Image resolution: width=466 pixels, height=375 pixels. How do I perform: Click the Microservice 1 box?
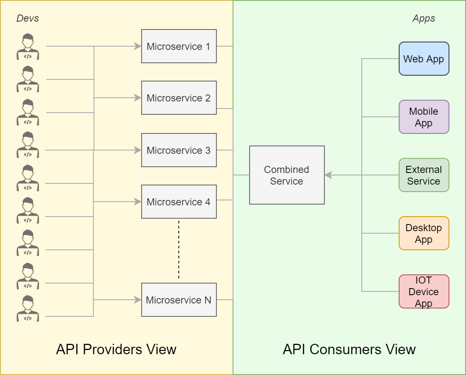click(x=179, y=46)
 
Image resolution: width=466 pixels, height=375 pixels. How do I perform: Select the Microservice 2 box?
click(x=179, y=98)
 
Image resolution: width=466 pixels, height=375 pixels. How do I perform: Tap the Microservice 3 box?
click(x=179, y=150)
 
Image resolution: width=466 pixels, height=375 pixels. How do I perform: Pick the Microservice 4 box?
click(x=179, y=202)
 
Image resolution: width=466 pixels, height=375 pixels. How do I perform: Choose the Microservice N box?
click(x=179, y=300)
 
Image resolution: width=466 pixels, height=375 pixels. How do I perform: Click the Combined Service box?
click(x=287, y=175)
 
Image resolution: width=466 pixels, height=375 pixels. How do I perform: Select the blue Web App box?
click(x=424, y=59)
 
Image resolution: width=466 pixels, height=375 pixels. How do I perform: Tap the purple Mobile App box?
click(x=424, y=117)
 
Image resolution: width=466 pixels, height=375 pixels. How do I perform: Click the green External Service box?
click(x=424, y=175)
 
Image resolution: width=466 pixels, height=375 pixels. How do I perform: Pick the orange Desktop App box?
click(x=424, y=233)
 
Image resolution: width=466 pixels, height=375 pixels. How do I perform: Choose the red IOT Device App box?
click(x=424, y=291)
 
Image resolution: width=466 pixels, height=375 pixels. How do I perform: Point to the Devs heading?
click(x=27, y=18)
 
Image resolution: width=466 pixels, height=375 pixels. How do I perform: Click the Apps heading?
click(x=424, y=18)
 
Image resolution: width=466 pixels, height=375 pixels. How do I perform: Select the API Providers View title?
click(x=116, y=349)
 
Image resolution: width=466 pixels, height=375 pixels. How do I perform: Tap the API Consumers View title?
click(x=349, y=349)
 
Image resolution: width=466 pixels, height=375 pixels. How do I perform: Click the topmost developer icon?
click(x=28, y=47)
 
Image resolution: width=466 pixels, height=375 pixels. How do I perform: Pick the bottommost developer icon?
click(x=28, y=308)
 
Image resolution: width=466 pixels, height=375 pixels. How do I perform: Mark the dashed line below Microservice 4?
click(x=179, y=249)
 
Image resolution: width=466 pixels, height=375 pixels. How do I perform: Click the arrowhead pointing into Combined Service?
click(x=329, y=175)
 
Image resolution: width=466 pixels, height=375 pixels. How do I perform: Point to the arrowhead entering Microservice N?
click(x=138, y=300)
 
